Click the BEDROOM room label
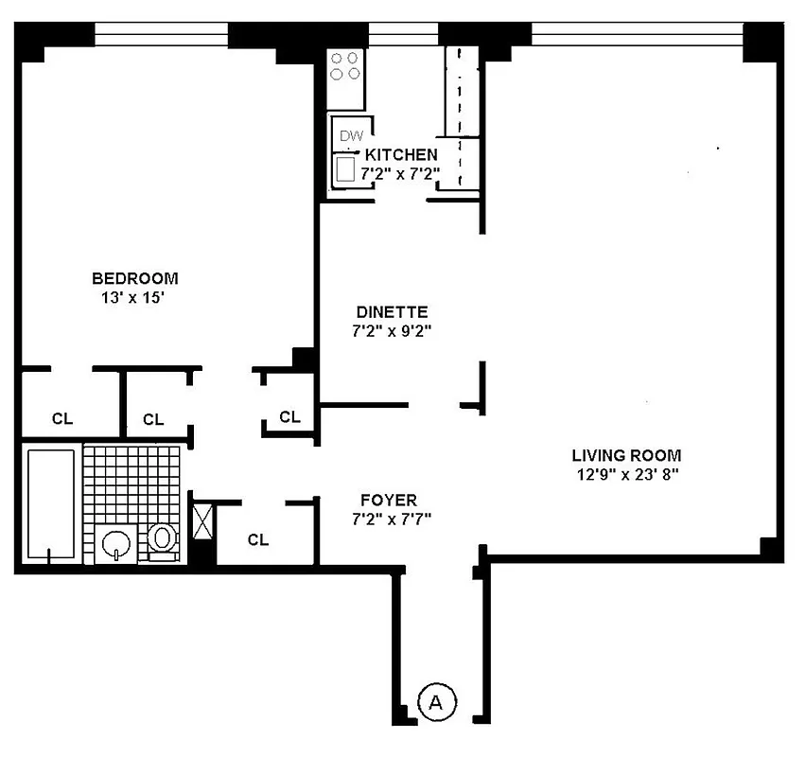(134, 278)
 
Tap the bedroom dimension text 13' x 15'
(134, 297)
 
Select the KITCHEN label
(401, 154)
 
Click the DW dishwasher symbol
(350, 136)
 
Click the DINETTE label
(393, 311)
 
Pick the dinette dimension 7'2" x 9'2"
(393, 331)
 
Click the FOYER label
(388, 500)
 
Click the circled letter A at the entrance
(436, 702)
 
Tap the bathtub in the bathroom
(51, 503)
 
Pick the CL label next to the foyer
(258, 540)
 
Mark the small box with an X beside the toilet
(203, 521)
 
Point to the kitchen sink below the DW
(346, 169)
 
